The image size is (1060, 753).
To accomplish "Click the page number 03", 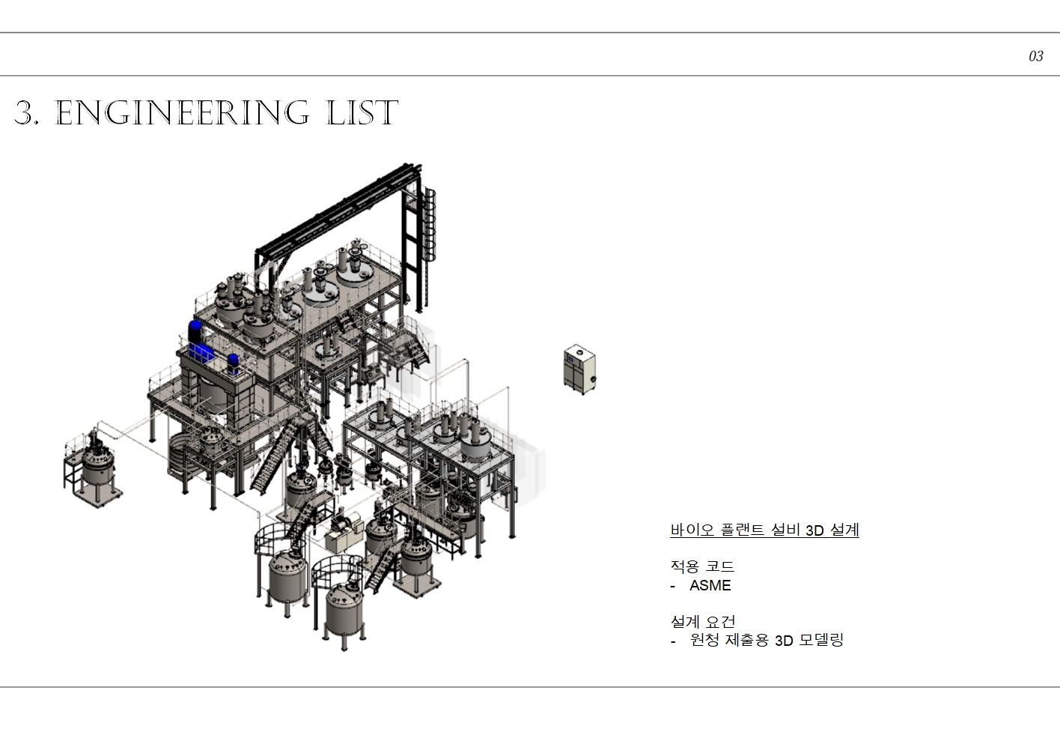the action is pos(1035,56).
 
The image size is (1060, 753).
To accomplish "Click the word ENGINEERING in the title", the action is pos(183,113).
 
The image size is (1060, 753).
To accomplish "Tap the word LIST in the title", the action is pos(362,113).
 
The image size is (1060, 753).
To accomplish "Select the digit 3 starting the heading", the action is pos(24,113).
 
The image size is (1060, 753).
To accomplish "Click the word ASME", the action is pos(710,585).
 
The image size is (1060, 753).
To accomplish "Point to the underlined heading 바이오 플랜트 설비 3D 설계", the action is pos(765,530).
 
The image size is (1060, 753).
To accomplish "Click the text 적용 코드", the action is pos(702,566).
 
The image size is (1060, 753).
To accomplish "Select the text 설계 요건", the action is pos(703,621).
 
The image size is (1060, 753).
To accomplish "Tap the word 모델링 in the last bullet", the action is pos(821,640).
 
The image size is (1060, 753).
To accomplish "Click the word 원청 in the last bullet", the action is pos(704,640).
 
